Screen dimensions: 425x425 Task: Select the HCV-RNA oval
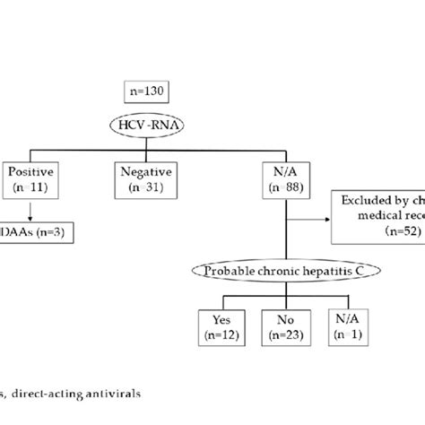(x=149, y=126)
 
